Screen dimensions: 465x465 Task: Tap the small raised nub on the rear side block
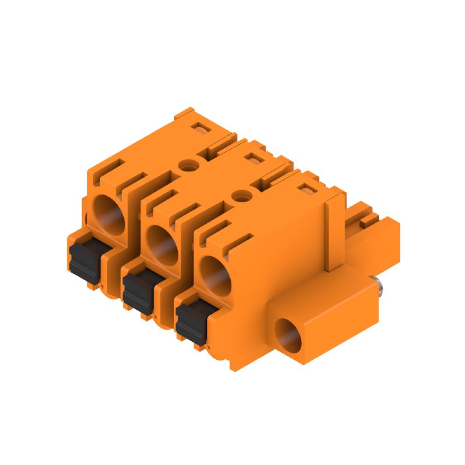[x=367, y=220]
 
